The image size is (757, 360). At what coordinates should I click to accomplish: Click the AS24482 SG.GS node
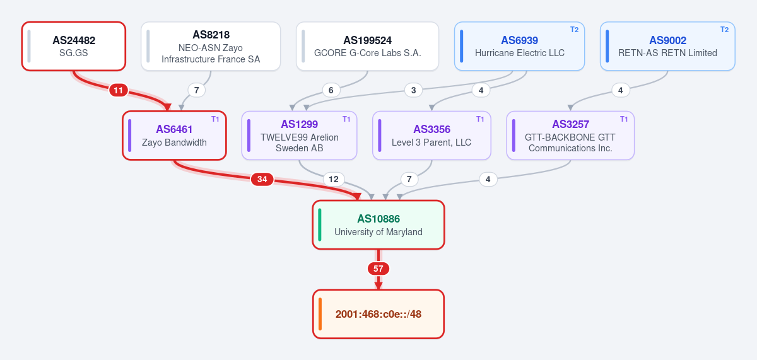point(74,46)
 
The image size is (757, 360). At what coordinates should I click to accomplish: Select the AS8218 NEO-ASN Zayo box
point(211,46)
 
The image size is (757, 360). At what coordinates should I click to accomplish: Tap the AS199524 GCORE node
point(367,46)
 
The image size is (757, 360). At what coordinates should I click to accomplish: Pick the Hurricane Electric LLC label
point(520,53)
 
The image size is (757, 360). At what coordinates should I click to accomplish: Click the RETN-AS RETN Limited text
point(668,53)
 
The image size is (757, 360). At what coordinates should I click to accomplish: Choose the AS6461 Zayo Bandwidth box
point(174,136)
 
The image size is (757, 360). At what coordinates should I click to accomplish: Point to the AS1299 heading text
point(300,124)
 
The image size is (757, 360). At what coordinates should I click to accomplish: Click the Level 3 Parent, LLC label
point(431,142)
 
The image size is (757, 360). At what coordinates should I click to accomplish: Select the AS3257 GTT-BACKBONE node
point(570,136)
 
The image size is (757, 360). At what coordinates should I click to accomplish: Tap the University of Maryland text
point(378,232)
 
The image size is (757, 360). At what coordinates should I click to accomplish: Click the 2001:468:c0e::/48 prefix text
point(378,314)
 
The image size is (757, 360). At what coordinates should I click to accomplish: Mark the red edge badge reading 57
point(378,269)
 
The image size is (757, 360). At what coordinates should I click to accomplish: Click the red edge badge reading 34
point(262,179)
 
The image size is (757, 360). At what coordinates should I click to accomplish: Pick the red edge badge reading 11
point(119,91)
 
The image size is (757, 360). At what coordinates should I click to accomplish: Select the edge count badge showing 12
point(334,179)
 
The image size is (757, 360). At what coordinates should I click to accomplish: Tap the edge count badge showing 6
point(331,91)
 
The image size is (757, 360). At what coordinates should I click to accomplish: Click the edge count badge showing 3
point(413,91)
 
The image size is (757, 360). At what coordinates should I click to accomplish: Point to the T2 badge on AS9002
point(725,30)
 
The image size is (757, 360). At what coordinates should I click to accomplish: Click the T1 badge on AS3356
point(480,119)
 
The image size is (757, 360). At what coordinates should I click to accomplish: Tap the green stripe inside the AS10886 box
point(320,225)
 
